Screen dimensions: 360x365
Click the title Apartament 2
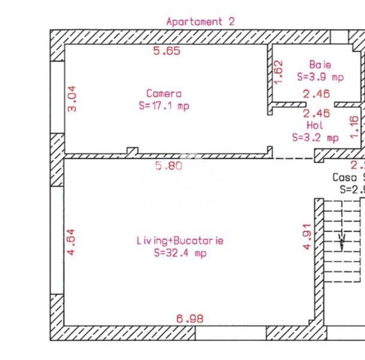200,22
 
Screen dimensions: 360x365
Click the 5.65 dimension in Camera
167,52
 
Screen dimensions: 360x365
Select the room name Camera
164,94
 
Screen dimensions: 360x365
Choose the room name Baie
320,64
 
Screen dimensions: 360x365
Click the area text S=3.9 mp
320,77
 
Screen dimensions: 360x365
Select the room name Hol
315,125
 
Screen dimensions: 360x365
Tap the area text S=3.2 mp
315,137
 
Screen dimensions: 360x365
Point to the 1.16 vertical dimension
354,127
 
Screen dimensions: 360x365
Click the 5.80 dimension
168,166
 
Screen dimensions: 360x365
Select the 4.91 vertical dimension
307,237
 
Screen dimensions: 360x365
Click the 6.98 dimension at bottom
190,319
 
